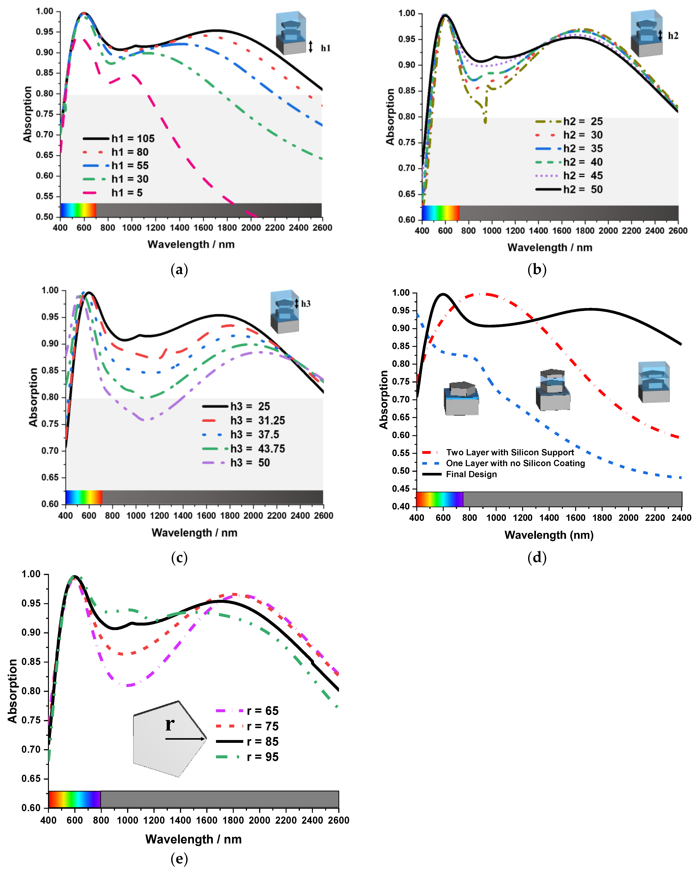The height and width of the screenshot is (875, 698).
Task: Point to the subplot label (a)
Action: point(179,269)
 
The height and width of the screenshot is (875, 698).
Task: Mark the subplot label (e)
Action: point(179,858)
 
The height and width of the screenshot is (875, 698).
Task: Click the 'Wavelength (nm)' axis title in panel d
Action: point(549,535)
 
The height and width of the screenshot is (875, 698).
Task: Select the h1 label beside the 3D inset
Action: point(325,48)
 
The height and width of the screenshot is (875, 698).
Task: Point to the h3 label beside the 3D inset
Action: point(306,304)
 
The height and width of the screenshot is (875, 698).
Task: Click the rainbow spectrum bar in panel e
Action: point(74,799)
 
